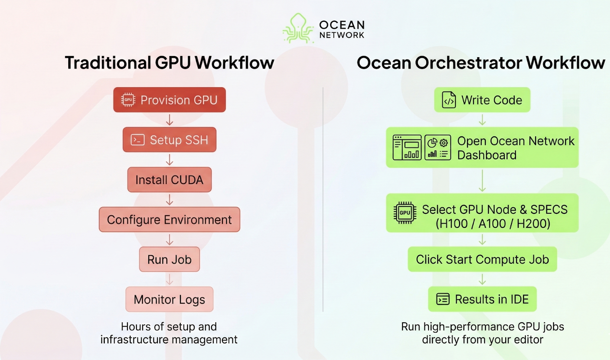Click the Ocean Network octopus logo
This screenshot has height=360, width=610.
(298, 28)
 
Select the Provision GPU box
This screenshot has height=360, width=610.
(169, 100)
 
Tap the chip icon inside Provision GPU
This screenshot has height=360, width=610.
(128, 100)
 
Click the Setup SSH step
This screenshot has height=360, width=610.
(169, 140)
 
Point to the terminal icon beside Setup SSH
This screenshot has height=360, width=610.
(138, 140)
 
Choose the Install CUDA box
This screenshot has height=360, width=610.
(169, 180)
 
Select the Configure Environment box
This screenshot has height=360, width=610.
(169, 219)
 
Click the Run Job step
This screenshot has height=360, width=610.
(169, 259)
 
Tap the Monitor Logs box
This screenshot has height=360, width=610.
(169, 299)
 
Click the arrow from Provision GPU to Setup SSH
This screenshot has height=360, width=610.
(169, 120)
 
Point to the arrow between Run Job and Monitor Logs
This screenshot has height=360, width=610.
(169, 279)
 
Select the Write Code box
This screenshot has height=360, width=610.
(482, 100)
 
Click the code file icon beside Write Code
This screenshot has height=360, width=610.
(449, 100)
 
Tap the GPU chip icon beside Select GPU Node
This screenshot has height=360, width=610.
(405, 213)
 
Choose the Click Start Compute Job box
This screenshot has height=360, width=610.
(482, 259)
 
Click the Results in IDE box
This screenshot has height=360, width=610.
(482, 299)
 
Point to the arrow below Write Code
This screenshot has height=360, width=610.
(482, 120)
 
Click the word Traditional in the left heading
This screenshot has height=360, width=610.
(108, 63)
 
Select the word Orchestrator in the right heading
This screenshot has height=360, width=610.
(468, 63)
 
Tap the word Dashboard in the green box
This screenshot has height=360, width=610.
(487, 155)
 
